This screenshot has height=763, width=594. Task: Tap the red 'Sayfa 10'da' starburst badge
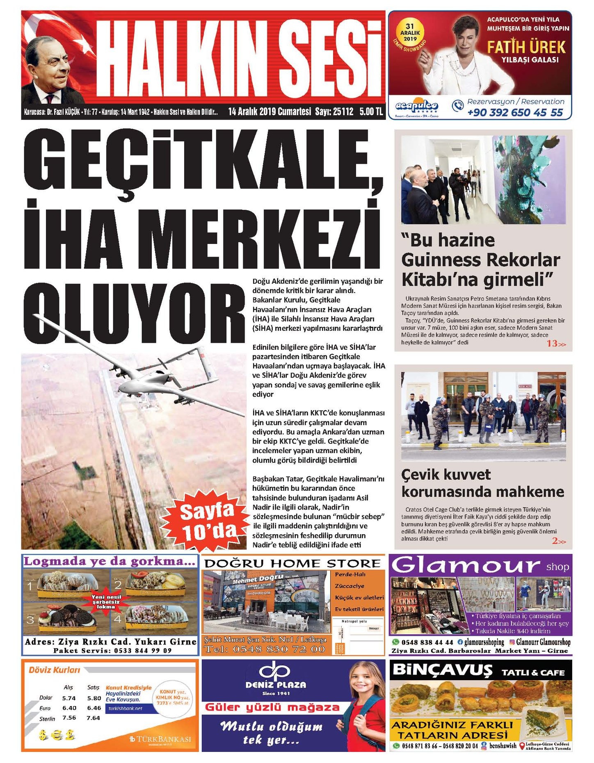(x=209, y=521)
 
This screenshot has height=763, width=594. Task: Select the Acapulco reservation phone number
(x=515, y=112)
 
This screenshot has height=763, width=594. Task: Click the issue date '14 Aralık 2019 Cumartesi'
(x=270, y=112)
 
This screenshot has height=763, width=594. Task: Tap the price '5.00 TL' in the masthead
(x=371, y=112)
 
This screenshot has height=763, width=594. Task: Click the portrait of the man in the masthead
(x=51, y=70)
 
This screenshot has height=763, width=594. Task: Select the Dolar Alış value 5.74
(x=69, y=698)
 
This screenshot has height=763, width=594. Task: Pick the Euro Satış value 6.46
(x=94, y=708)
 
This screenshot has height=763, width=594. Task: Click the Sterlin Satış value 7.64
(x=93, y=718)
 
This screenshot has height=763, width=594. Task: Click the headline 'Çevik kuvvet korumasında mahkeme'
(x=482, y=483)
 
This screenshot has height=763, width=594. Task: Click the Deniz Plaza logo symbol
(x=275, y=671)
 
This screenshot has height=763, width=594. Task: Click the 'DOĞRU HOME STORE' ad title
(x=292, y=563)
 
